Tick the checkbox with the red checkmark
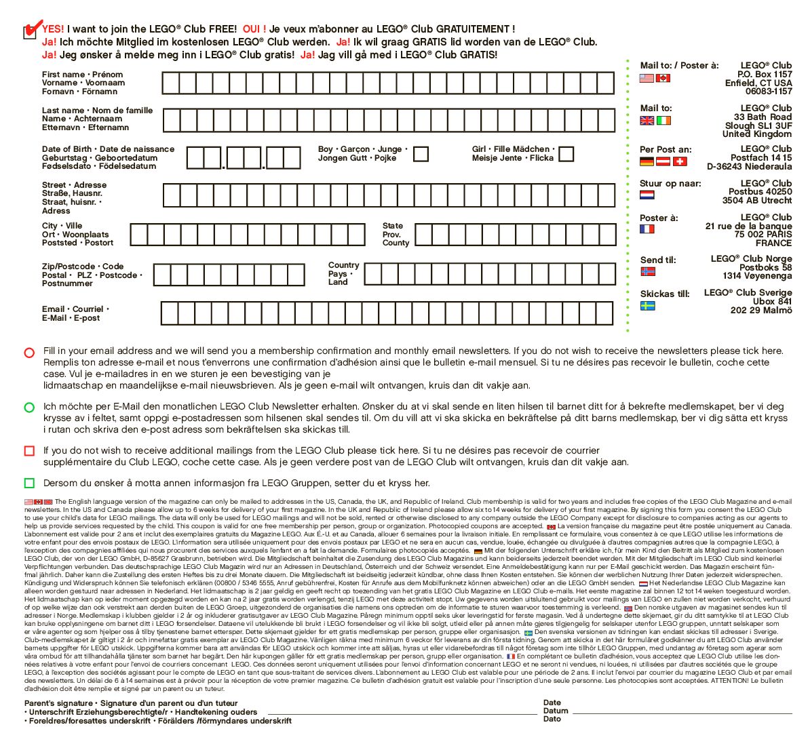point(30,32)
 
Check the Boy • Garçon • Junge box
point(421,154)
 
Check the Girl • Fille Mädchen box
point(566,154)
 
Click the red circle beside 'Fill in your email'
point(29,353)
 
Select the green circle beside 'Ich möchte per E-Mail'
point(29,408)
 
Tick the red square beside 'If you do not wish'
point(29,451)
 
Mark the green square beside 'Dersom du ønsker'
point(29,483)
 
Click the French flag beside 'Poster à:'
point(647,229)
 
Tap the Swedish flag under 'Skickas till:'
point(648,306)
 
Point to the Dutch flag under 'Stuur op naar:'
point(647,195)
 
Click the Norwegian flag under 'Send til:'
point(648,271)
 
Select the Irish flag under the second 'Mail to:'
point(663,121)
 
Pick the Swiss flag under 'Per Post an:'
point(680,161)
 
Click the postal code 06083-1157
point(768,92)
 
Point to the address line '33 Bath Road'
point(763,117)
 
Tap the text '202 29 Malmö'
point(761,311)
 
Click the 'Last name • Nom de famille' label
point(97,111)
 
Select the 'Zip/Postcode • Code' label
point(83,267)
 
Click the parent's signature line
point(402,713)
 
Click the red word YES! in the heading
point(53,29)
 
